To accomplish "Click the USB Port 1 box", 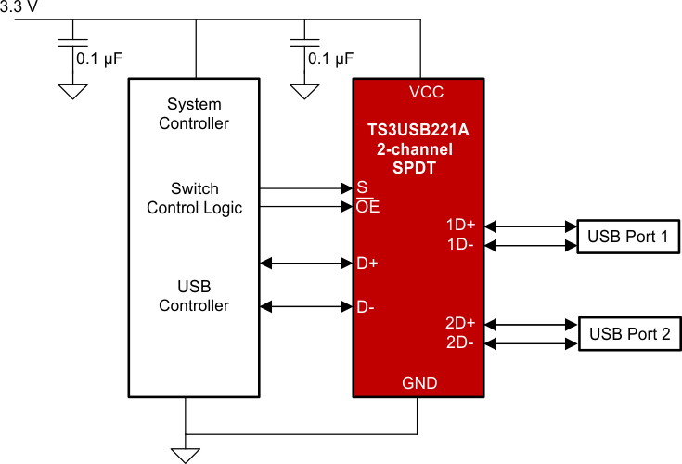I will pyautogui.click(x=627, y=236).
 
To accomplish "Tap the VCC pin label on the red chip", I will pyautogui.click(x=426, y=92).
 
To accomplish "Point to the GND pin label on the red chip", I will pyautogui.click(x=419, y=382).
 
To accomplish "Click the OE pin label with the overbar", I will pyautogui.click(x=367, y=207).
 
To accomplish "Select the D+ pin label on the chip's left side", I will pyautogui.click(x=367, y=263).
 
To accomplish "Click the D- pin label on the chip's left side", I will pyautogui.click(x=366, y=305).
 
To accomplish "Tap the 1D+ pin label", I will pyautogui.click(x=460, y=226).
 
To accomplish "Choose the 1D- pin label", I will pyautogui.click(x=461, y=245).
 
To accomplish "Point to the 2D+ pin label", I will pyautogui.click(x=460, y=324).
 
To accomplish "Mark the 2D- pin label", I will pyautogui.click(x=461, y=343).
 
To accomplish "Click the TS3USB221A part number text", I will pyautogui.click(x=418, y=130).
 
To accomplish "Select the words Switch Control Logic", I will pyautogui.click(x=194, y=198).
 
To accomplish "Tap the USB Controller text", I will pyautogui.click(x=194, y=295).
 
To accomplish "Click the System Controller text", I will pyautogui.click(x=194, y=113).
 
